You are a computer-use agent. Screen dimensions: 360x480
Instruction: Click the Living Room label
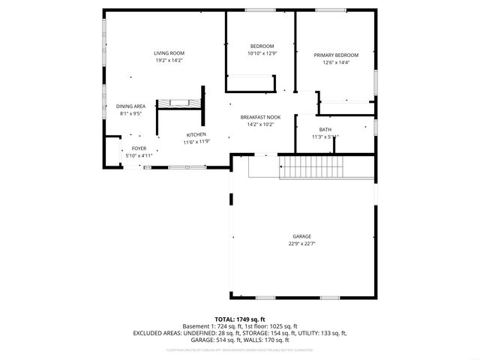coord(168,53)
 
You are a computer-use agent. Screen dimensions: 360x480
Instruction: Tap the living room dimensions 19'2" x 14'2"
coord(168,61)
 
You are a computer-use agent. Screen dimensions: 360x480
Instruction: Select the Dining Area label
coord(130,106)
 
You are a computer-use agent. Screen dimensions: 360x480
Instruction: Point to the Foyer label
coord(139,148)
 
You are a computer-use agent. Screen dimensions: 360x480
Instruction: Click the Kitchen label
coord(196,134)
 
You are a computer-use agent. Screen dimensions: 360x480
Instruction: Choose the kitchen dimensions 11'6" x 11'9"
coord(196,142)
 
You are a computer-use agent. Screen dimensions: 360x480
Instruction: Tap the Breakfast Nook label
coord(260,117)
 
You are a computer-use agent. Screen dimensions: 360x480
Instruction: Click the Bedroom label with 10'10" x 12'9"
coord(262,46)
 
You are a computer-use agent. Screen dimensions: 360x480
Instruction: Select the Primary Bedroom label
coord(336,55)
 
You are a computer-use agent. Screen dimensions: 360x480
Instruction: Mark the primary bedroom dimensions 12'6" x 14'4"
coord(336,63)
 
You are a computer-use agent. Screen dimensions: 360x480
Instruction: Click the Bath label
coord(325,130)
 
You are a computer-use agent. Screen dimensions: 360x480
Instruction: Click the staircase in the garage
coord(310,168)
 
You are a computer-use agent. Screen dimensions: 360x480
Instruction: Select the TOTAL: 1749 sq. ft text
coord(240,319)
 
